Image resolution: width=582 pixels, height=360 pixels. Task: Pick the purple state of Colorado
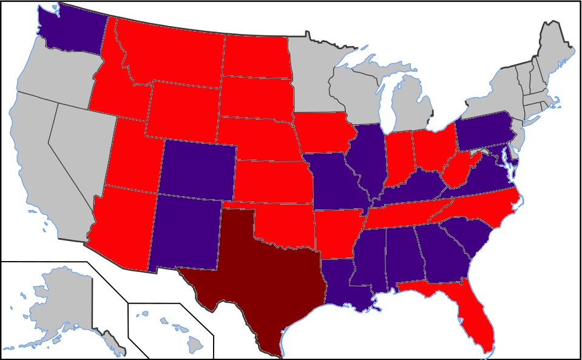pyautogui.click(x=197, y=170)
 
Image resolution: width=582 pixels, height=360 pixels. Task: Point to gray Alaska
pyautogui.click(x=61, y=297)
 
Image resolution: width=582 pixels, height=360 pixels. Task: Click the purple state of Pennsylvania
pyautogui.click(x=482, y=127)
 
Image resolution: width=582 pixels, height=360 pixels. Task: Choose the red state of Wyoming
pyautogui.click(x=182, y=109)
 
